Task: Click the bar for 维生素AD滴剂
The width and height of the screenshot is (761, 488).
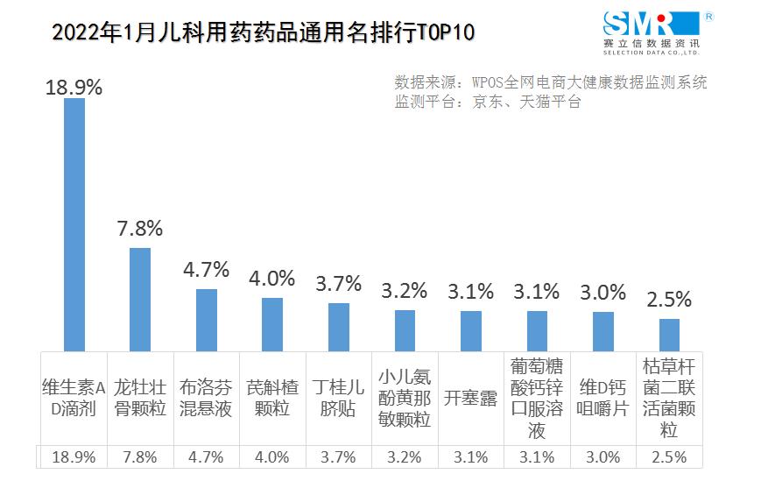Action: tap(74, 224)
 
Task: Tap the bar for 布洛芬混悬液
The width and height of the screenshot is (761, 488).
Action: tap(207, 320)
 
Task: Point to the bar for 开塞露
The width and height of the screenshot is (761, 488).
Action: tap(471, 330)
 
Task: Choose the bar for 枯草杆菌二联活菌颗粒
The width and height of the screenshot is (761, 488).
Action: tap(669, 335)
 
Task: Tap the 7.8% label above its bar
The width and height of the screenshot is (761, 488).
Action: tap(140, 230)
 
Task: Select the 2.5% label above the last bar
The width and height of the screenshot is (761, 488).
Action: tap(669, 300)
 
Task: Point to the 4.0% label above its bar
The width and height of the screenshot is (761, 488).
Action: tap(272, 279)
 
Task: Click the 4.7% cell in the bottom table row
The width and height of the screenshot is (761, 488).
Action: tap(207, 457)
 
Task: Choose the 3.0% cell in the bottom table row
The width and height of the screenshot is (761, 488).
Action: tap(603, 457)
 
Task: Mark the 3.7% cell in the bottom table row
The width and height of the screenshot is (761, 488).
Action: tap(339, 457)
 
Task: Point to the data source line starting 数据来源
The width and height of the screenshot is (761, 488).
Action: tap(550, 82)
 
